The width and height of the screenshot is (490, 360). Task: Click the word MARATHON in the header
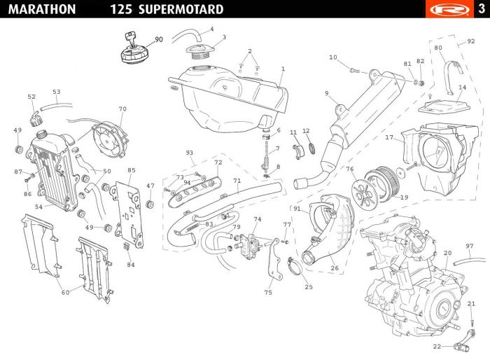[42, 9]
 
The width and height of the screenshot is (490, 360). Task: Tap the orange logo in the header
[449, 9]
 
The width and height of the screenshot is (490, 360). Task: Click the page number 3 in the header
[482, 9]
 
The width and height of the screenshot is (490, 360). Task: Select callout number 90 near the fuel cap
[159, 39]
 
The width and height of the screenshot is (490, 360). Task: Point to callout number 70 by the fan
[122, 109]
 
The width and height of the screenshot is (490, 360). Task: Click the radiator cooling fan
[111, 139]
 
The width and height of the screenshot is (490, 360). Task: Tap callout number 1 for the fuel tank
[283, 69]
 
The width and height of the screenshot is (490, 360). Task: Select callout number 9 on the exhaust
[327, 93]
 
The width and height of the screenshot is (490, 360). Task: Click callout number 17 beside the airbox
[389, 137]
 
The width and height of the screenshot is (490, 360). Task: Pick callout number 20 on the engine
[448, 253]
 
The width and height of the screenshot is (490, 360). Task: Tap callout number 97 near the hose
[470, 246]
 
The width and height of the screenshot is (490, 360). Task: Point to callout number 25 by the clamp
[309, 287]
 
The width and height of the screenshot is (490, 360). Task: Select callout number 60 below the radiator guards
[65, 293]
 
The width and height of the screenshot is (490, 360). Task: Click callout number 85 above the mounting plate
[132, 170]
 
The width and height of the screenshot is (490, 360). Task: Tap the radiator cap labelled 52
[35, 119]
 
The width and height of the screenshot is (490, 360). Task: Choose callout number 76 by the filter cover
[350, 169]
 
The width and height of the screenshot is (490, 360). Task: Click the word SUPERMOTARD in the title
[181, 9]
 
